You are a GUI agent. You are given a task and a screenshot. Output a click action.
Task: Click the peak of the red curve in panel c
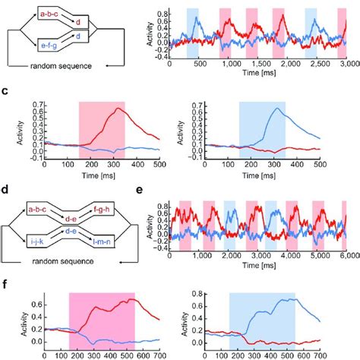coord(118,109)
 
